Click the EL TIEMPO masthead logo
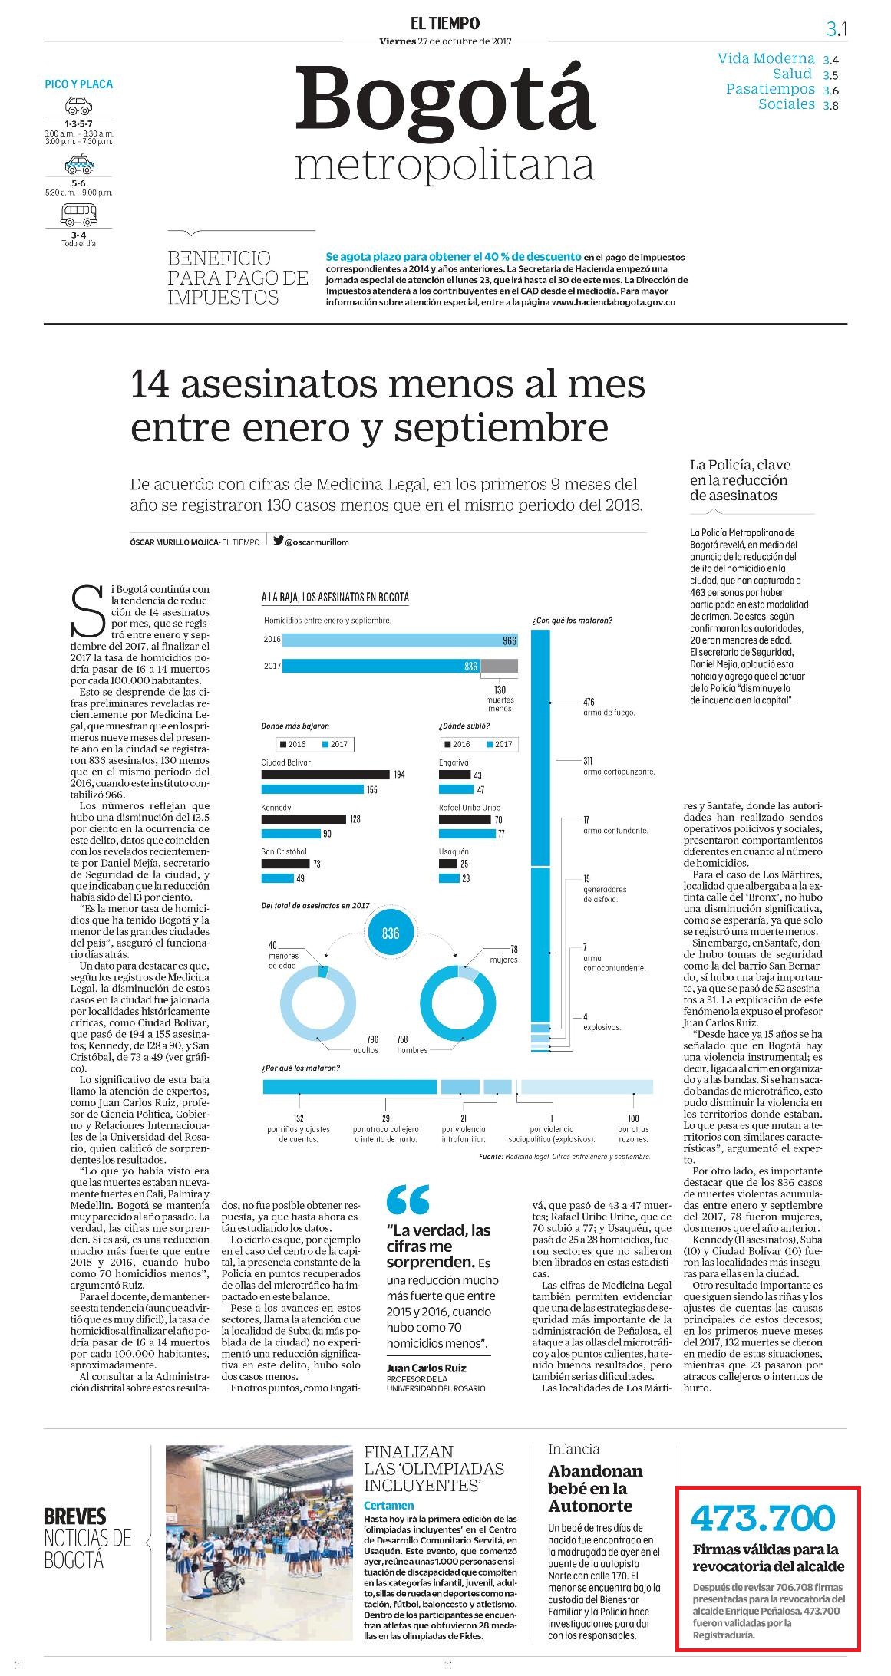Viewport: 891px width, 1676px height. tap(445, 24)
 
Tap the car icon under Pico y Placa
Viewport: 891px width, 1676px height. tap(78, 105)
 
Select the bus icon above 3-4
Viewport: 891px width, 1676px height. tap(78, 215)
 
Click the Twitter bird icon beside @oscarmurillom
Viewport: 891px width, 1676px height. tap(278, 541)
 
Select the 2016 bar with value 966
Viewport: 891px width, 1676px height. tap(400, 640)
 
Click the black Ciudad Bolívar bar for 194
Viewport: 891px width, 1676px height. tap(325, 774)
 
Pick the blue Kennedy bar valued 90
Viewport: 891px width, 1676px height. tap(291, 834)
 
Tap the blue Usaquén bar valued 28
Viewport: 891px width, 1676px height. tap(448, 878)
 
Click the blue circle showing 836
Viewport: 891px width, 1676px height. tap(391, 933)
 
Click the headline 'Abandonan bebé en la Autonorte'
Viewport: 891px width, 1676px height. tap(596, 1488)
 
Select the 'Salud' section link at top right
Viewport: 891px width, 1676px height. tap(792, 74)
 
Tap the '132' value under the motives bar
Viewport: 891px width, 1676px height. tap(299, 1119)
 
